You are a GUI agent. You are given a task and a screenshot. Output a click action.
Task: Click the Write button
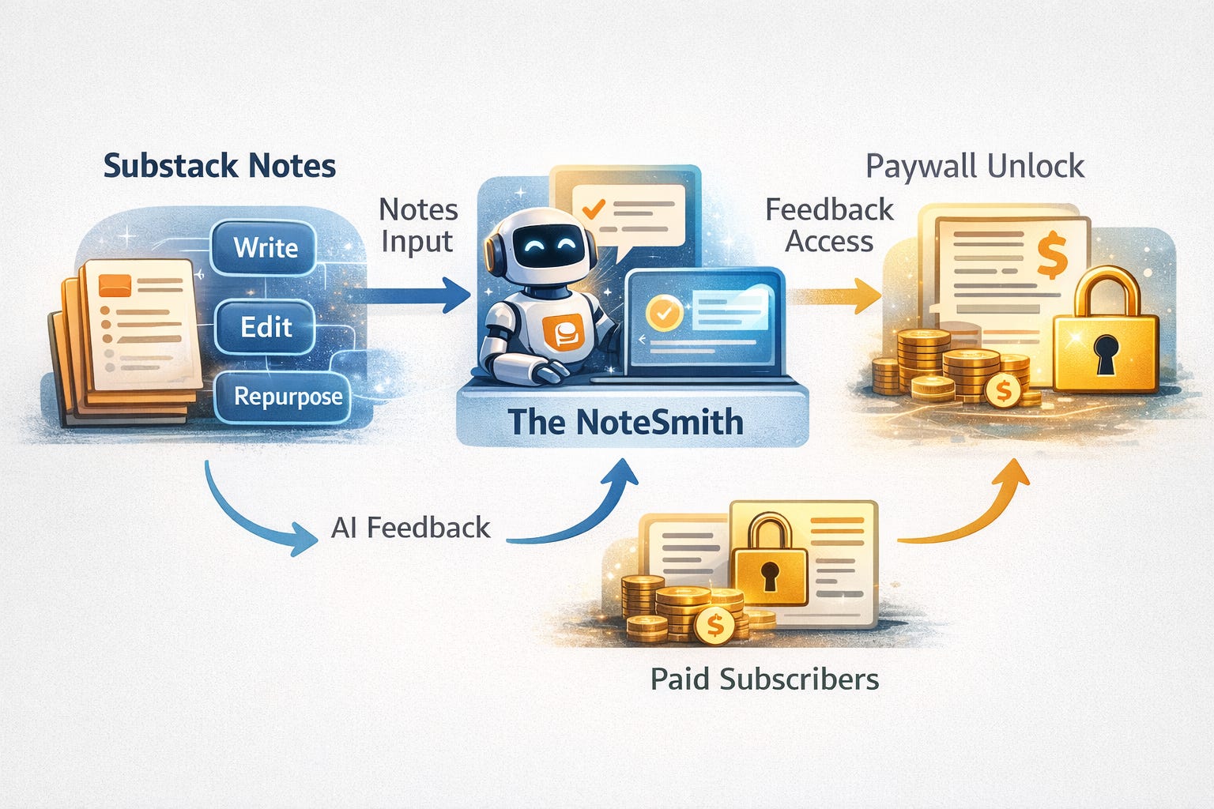point(265,248)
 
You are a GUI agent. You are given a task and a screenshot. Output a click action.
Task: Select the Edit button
point(266,326)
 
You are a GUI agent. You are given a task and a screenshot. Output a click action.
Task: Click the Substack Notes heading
point(220,166)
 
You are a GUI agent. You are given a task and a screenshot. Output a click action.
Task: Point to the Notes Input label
point(418,225)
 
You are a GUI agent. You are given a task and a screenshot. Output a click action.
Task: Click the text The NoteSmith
point(624,421)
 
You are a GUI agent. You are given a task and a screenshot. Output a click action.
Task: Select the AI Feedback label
point(411,527)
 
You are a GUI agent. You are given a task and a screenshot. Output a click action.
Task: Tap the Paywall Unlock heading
point(975,167)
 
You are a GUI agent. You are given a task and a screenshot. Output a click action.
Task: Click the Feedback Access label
point(829,225)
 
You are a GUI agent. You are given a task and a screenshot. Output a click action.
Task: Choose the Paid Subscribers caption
point(764,679)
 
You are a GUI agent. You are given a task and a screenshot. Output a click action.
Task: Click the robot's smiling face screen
point(545,242)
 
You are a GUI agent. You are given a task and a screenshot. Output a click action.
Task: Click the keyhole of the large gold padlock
point(1107,352)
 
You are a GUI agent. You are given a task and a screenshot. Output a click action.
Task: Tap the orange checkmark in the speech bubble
point(592,208)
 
